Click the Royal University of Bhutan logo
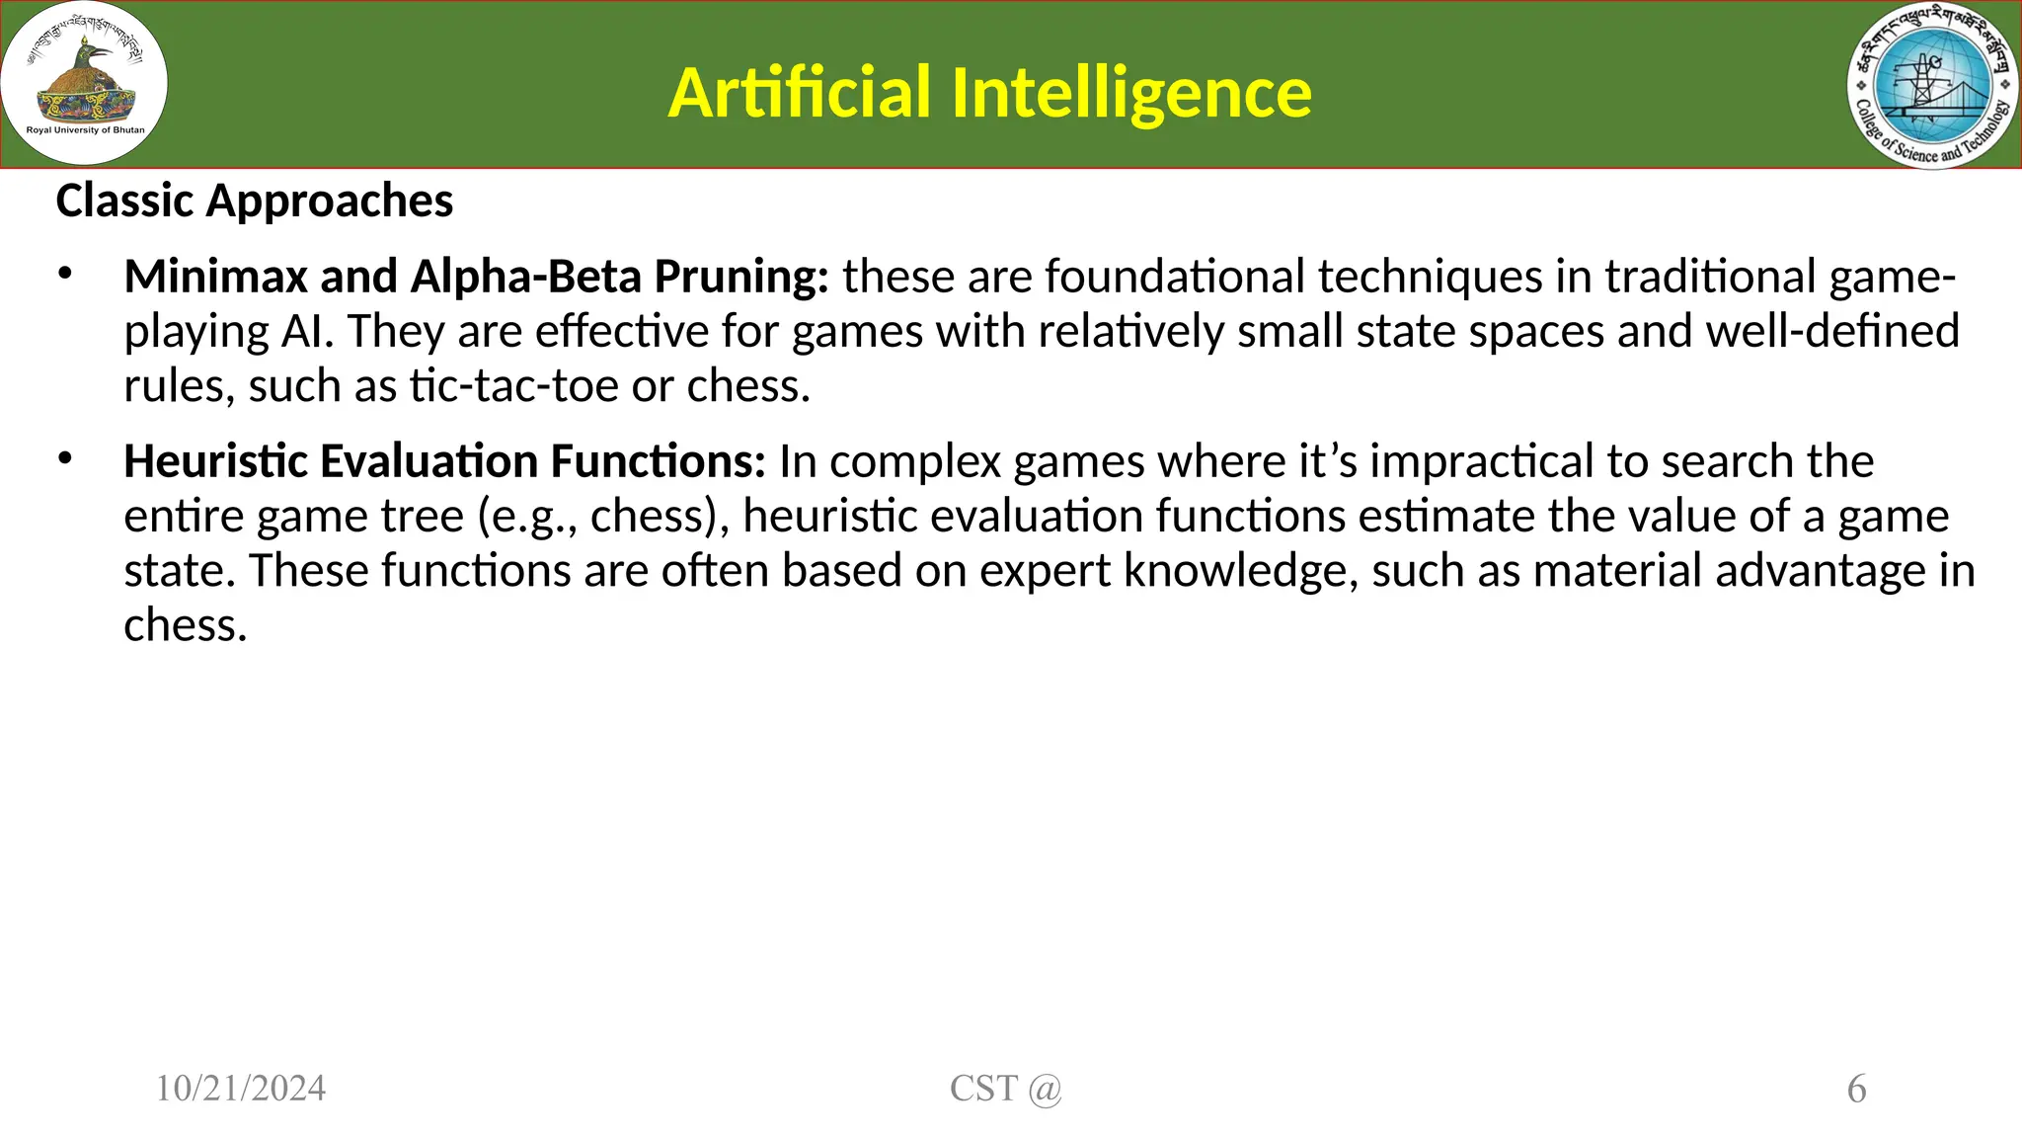(84, 83)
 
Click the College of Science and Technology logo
(1932, 85)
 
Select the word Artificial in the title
(799, 93)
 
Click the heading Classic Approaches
(255, 201)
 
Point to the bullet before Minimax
(65, 274)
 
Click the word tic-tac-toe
(514, 385)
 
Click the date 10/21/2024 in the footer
(241, 1089)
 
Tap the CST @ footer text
(1005, 1089)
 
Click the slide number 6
(1856, 1090)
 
